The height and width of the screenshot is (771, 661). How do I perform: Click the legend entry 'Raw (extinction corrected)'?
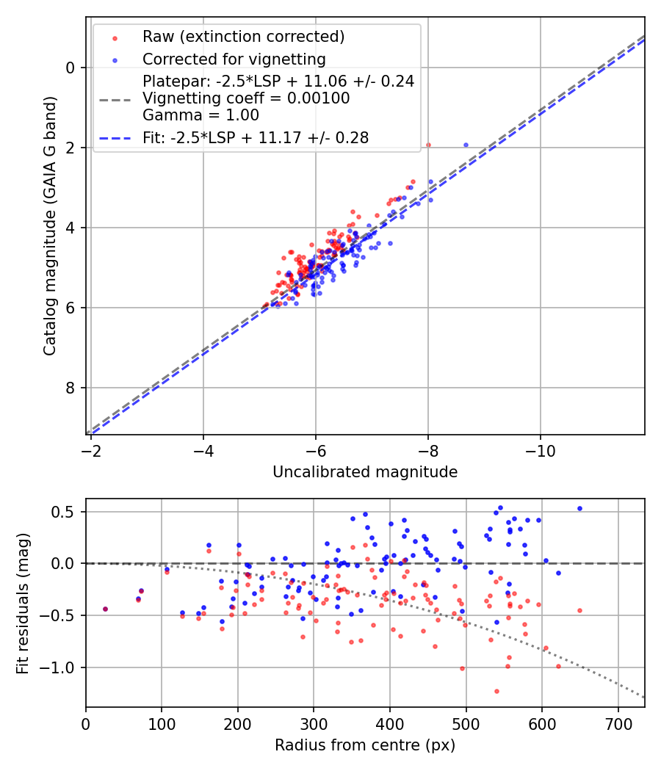[243, 37]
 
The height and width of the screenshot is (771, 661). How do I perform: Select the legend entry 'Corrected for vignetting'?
[234, 59]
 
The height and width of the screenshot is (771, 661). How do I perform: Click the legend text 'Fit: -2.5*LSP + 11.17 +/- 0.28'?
[256, 137]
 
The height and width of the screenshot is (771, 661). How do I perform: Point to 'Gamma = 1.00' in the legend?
[201, 115]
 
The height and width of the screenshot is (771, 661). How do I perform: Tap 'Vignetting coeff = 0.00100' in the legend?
[246, 98]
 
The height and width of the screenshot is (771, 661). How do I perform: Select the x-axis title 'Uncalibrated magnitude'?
[365, 472]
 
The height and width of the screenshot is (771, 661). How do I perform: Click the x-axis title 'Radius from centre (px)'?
[365, 745]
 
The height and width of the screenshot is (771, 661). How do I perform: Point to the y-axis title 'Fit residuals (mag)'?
[23, 603]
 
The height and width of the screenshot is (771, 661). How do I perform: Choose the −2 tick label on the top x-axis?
[90, 449]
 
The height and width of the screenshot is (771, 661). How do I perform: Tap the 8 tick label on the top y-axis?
[71, 388]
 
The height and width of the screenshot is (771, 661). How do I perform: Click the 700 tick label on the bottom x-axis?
[618, 723]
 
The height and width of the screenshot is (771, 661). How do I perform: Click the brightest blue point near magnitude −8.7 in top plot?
[466, 145]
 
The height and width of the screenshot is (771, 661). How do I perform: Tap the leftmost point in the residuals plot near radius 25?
[105, 609]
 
